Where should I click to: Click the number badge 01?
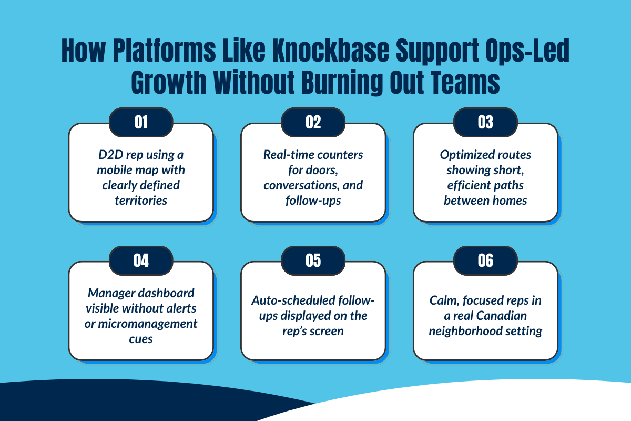click(141, 122)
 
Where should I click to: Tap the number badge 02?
click(313, 122)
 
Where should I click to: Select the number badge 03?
click(485, 122)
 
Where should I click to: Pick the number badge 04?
click(141, 260)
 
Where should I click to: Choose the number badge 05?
click(313, 260)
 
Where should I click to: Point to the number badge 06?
click(485, 260)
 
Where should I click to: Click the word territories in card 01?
click(141, 200)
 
